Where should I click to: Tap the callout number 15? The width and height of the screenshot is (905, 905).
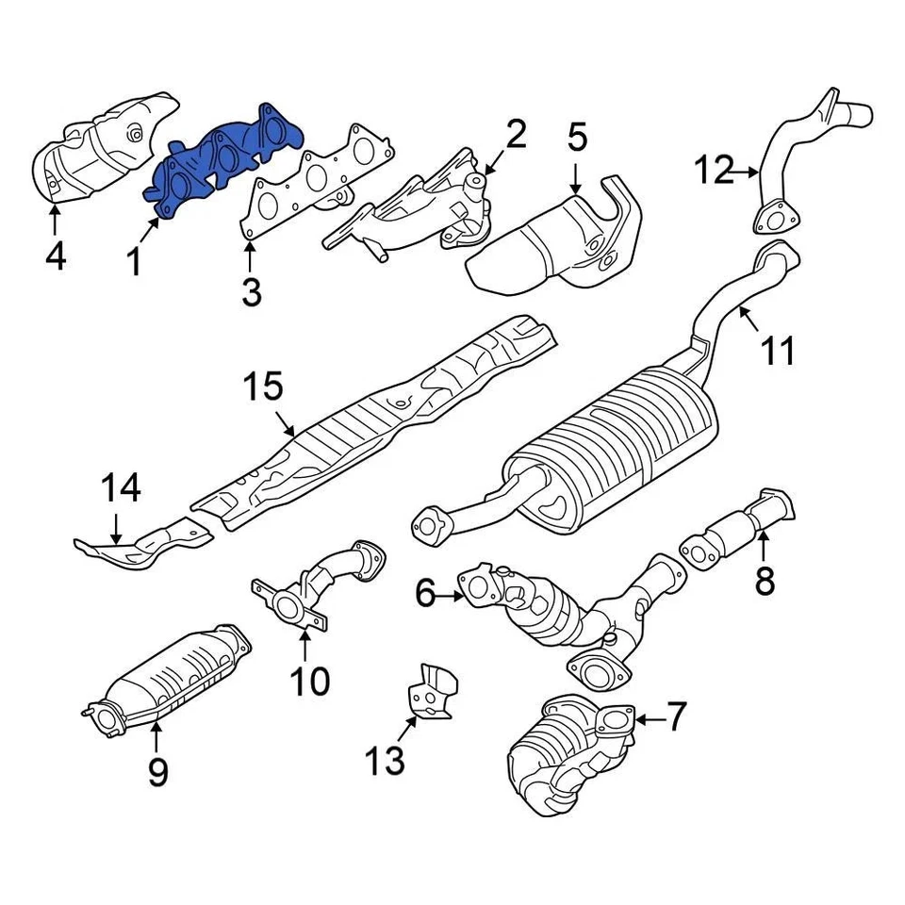[263, 387]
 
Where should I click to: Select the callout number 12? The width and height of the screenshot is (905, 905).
[714, 172]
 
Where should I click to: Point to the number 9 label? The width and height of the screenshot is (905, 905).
[157, 772]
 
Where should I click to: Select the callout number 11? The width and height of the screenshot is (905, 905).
[779, 351]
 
